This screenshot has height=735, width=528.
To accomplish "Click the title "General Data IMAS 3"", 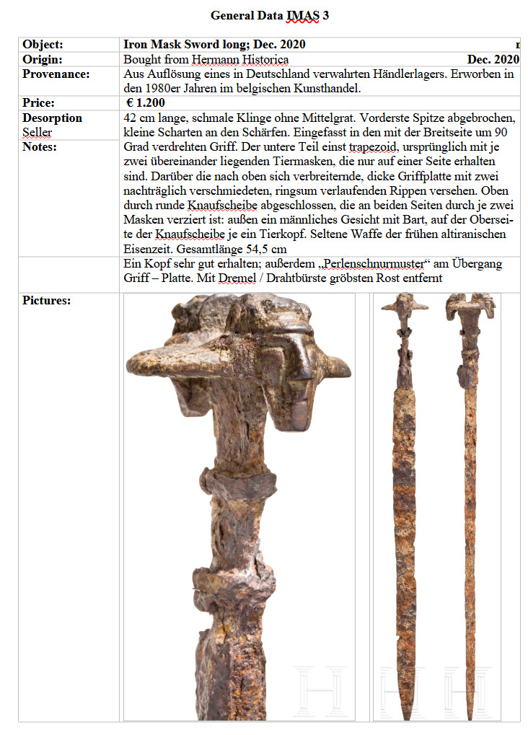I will tap(269, 15).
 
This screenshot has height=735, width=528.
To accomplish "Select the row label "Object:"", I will tap(43, 45).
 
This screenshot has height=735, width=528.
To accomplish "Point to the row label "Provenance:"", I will tap(56, 74).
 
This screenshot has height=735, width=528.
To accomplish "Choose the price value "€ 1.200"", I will tap(145, 103).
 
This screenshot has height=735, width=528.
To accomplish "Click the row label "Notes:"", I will tap(40, 146).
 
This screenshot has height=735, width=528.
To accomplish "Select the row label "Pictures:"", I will tap(46, 300).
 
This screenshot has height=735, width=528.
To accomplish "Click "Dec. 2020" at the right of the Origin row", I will tap(493, 59).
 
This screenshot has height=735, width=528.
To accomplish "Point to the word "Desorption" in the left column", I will tap(52, 118).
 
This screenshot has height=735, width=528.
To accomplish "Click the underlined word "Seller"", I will tap(37, 132).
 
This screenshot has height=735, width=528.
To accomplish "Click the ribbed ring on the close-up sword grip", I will tap(238, 485).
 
